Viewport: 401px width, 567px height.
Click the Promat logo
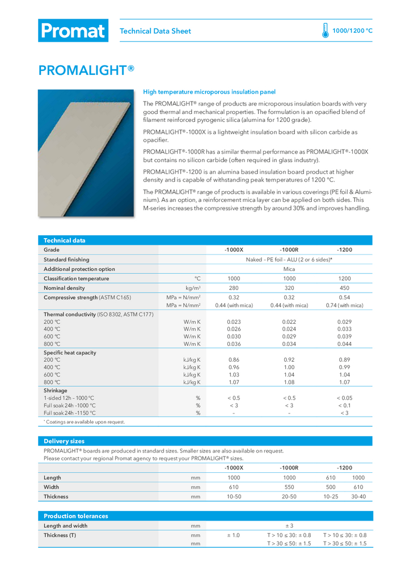click(73, 31)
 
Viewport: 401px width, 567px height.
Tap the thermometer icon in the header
click(325, 31)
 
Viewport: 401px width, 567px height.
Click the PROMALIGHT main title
click(86, 70)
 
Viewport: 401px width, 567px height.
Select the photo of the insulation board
click(86, 153)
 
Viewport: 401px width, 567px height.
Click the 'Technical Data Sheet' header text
click(155, 31)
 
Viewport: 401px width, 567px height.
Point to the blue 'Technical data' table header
click(65, 240)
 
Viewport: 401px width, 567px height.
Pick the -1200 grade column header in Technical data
click(344, 249)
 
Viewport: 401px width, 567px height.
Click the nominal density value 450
click(344, 287)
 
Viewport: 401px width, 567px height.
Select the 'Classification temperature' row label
click(77, 278)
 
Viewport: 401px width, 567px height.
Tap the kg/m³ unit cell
click(193, 287)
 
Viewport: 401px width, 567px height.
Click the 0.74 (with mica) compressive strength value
click(344, 306)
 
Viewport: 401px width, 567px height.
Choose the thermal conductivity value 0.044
click(344, 344)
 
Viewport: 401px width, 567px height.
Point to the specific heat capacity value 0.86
click(234, 360)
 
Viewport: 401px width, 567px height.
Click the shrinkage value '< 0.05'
click(344, 398)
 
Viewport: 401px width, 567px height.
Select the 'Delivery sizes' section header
click(64, 441)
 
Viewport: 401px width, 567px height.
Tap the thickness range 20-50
click(289, 497)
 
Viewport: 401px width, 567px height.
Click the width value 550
click(289, 487)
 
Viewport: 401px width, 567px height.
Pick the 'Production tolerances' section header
click(76, 516)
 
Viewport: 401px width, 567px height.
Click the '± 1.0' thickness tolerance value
click(234, 535)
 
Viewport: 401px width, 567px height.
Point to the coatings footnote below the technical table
click(85, 422)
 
